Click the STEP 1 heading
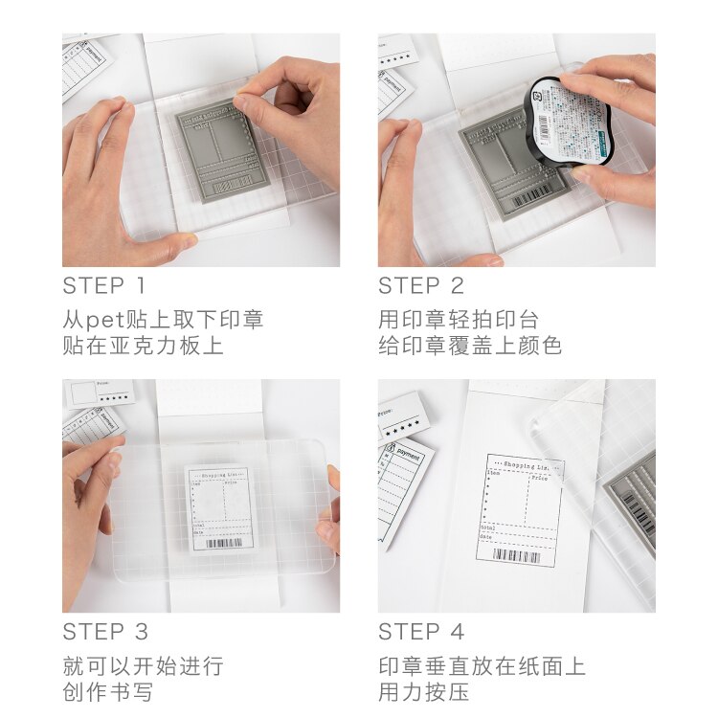[x=104, y=285]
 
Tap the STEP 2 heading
[x=420, y=285]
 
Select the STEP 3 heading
[x=105, y=632]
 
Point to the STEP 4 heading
[x=421, y=632]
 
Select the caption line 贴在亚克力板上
[x=143, y=346]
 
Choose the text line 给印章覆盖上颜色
[x=470, y=346]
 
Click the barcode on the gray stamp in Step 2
[x=533, y=197]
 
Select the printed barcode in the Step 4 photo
[x=517, y=555]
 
